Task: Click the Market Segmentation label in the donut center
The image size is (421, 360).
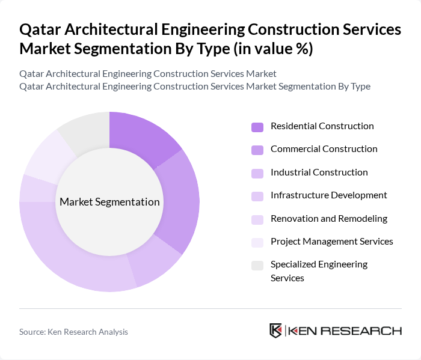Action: (x=109, y=202)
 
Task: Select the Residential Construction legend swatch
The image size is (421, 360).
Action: (x=257, y=127)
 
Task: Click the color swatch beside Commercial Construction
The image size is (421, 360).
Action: (x=257, y=150)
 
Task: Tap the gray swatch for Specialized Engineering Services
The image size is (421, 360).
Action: (x=257, y=265)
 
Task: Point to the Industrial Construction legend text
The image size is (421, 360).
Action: (x=319, y=172)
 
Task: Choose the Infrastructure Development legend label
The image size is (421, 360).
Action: (x=328, y=195)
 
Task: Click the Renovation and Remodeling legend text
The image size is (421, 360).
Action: (x=328, y=219)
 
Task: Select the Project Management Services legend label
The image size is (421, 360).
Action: (x=331, y=242)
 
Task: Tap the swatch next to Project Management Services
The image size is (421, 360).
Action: (x=257, y=242)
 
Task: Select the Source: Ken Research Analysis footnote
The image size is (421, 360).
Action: (x=73, y=332)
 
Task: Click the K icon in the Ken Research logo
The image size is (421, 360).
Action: (x=276, y=331)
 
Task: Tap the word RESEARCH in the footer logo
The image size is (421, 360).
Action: (x=367, y=331)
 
